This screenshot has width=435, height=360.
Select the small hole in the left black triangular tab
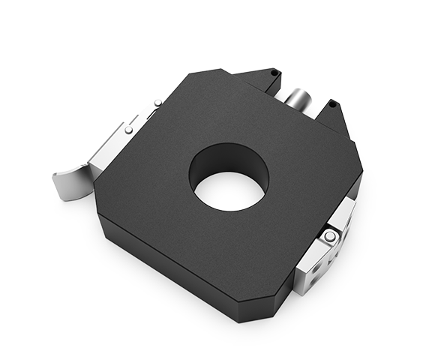coord(274,72)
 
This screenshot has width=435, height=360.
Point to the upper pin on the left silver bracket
coord(157,103)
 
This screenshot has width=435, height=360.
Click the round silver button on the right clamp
coord(329,237)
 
